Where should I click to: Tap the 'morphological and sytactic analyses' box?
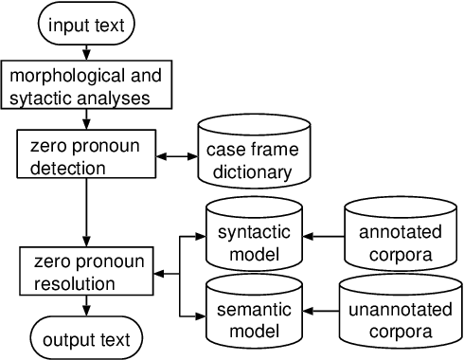click(87, 85)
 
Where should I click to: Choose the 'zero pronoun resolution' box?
click(87, 271)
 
